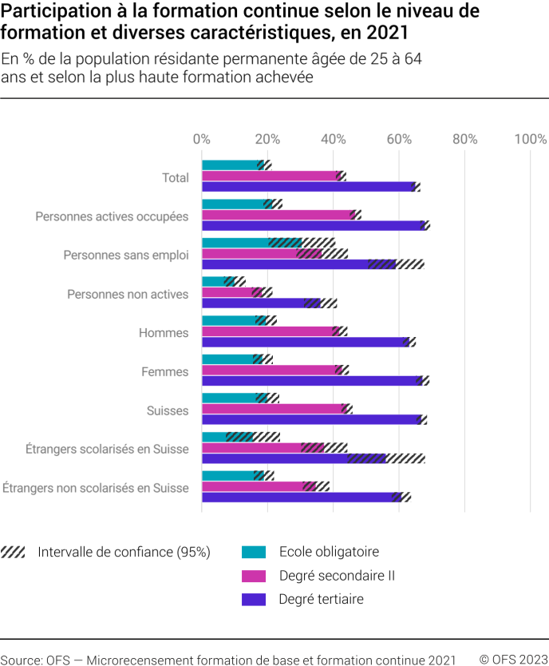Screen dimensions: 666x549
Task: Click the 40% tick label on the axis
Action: coord(334,139)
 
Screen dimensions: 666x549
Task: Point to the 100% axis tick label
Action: coord(530,139)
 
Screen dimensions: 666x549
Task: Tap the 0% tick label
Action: coord(202,139)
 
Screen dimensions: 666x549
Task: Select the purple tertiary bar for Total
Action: coord(307,187)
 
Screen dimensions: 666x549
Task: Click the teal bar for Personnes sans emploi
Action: coord(235,243)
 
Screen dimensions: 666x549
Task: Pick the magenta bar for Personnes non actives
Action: coord(227,292)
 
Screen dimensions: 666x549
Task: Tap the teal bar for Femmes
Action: coord(228,359)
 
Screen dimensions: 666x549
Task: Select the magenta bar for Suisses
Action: coord(273,409)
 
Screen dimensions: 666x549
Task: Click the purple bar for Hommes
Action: coord(305,342)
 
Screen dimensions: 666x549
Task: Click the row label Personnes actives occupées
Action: coord(112,216)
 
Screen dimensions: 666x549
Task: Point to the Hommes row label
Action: coord(164,333)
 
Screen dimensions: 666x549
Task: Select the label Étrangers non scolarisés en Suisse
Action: coord(96,488)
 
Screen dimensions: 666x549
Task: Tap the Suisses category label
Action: coord(168,410)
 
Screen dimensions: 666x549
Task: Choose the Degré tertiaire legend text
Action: coord(321,600)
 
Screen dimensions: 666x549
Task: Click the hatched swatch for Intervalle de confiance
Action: coord(14,552)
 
